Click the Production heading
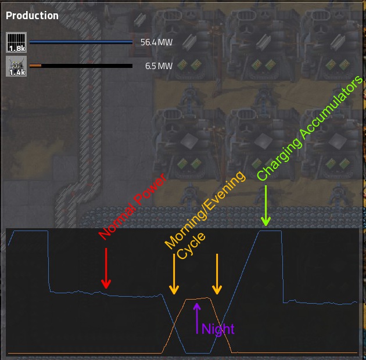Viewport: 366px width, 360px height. coord(32,16)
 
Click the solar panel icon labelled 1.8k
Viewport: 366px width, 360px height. coord(16,42)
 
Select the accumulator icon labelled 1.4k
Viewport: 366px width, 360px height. coord(16,66)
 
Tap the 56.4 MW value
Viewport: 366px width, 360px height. coord(156,42)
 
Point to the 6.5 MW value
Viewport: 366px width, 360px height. coord(159,66)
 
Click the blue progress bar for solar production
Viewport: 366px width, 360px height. coord(81,42)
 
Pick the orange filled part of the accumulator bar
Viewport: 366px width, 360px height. coord(35,66)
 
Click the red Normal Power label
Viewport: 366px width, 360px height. coord(132,207)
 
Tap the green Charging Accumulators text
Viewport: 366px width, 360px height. coord(310,128)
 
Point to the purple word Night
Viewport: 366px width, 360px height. coord(218,329)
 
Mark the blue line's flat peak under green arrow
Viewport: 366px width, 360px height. coord(270,231)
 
